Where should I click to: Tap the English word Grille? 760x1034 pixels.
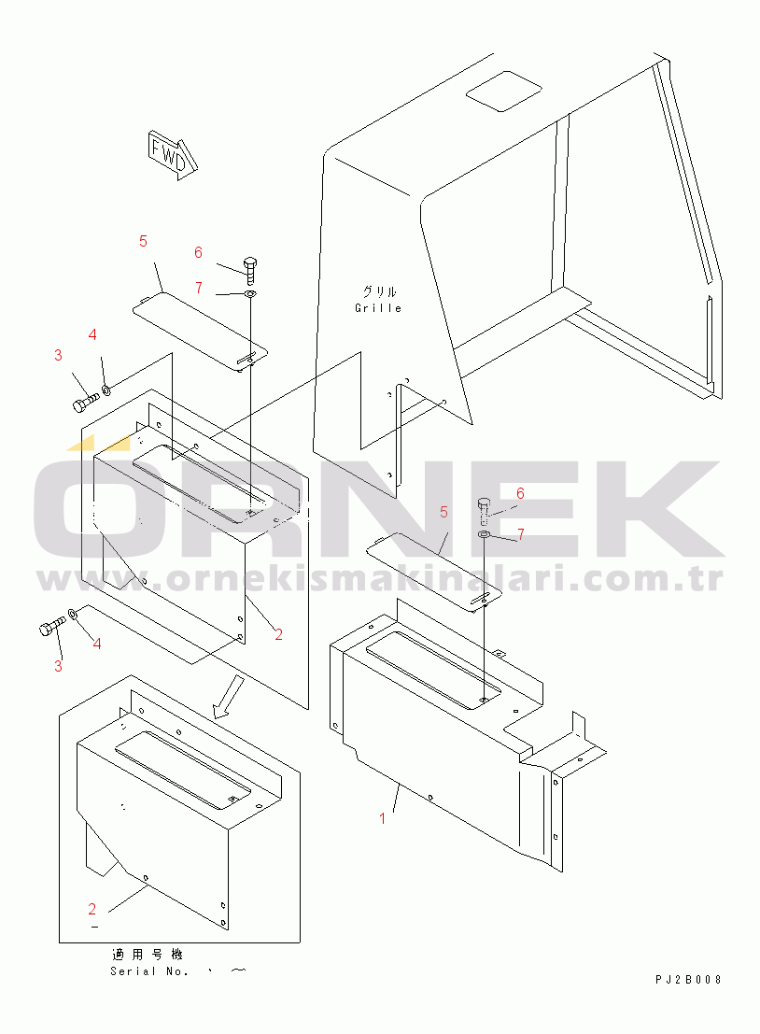point(378,308)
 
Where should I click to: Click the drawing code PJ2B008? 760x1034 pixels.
point(688,979)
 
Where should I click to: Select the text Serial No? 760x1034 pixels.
point(149,971)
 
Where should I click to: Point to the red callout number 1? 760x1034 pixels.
point(382,819)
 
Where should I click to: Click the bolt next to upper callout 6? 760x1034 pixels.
point(250,269)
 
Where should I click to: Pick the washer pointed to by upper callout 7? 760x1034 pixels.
point(250,293)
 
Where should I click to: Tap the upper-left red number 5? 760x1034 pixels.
point(143,241)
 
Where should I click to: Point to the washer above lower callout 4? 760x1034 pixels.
point(73,616)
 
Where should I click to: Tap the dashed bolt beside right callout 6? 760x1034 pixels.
point(483,509)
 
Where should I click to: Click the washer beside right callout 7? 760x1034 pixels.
point(484,533)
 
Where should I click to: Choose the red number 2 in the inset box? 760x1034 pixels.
point(92,910)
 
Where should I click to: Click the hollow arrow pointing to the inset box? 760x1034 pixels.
point(228,697)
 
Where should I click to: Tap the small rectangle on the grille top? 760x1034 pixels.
point(504,91)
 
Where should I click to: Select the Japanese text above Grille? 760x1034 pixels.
point(379,291)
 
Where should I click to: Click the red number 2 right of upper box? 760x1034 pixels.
point(279,634)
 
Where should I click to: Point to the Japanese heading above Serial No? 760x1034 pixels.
point(148,955)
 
